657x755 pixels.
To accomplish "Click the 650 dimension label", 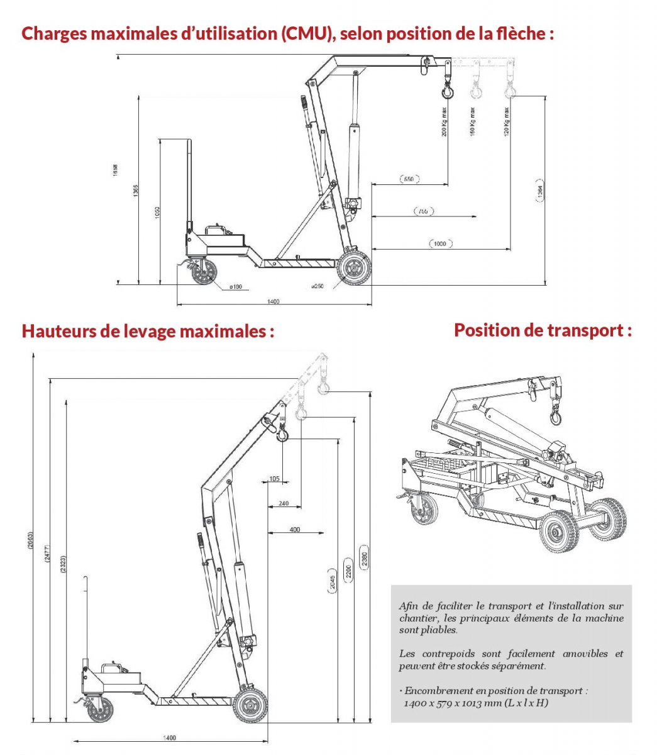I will click(x=409, y=179).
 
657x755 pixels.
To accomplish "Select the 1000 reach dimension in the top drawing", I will click(x=440, y=243).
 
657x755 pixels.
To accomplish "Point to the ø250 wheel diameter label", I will click(x=317, y=286).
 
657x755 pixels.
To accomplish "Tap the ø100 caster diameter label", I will click(x=236, y=287).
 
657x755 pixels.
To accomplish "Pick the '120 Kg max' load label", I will click(x=507, y=122).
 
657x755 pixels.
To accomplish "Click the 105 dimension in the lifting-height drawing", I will click(x=274, y=479).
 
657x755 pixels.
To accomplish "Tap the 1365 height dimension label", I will click(x=136, y=191).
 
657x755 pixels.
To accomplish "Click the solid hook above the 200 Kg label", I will click(x=447, y=91).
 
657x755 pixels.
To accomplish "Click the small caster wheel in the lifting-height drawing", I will click(x=99, y=709).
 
